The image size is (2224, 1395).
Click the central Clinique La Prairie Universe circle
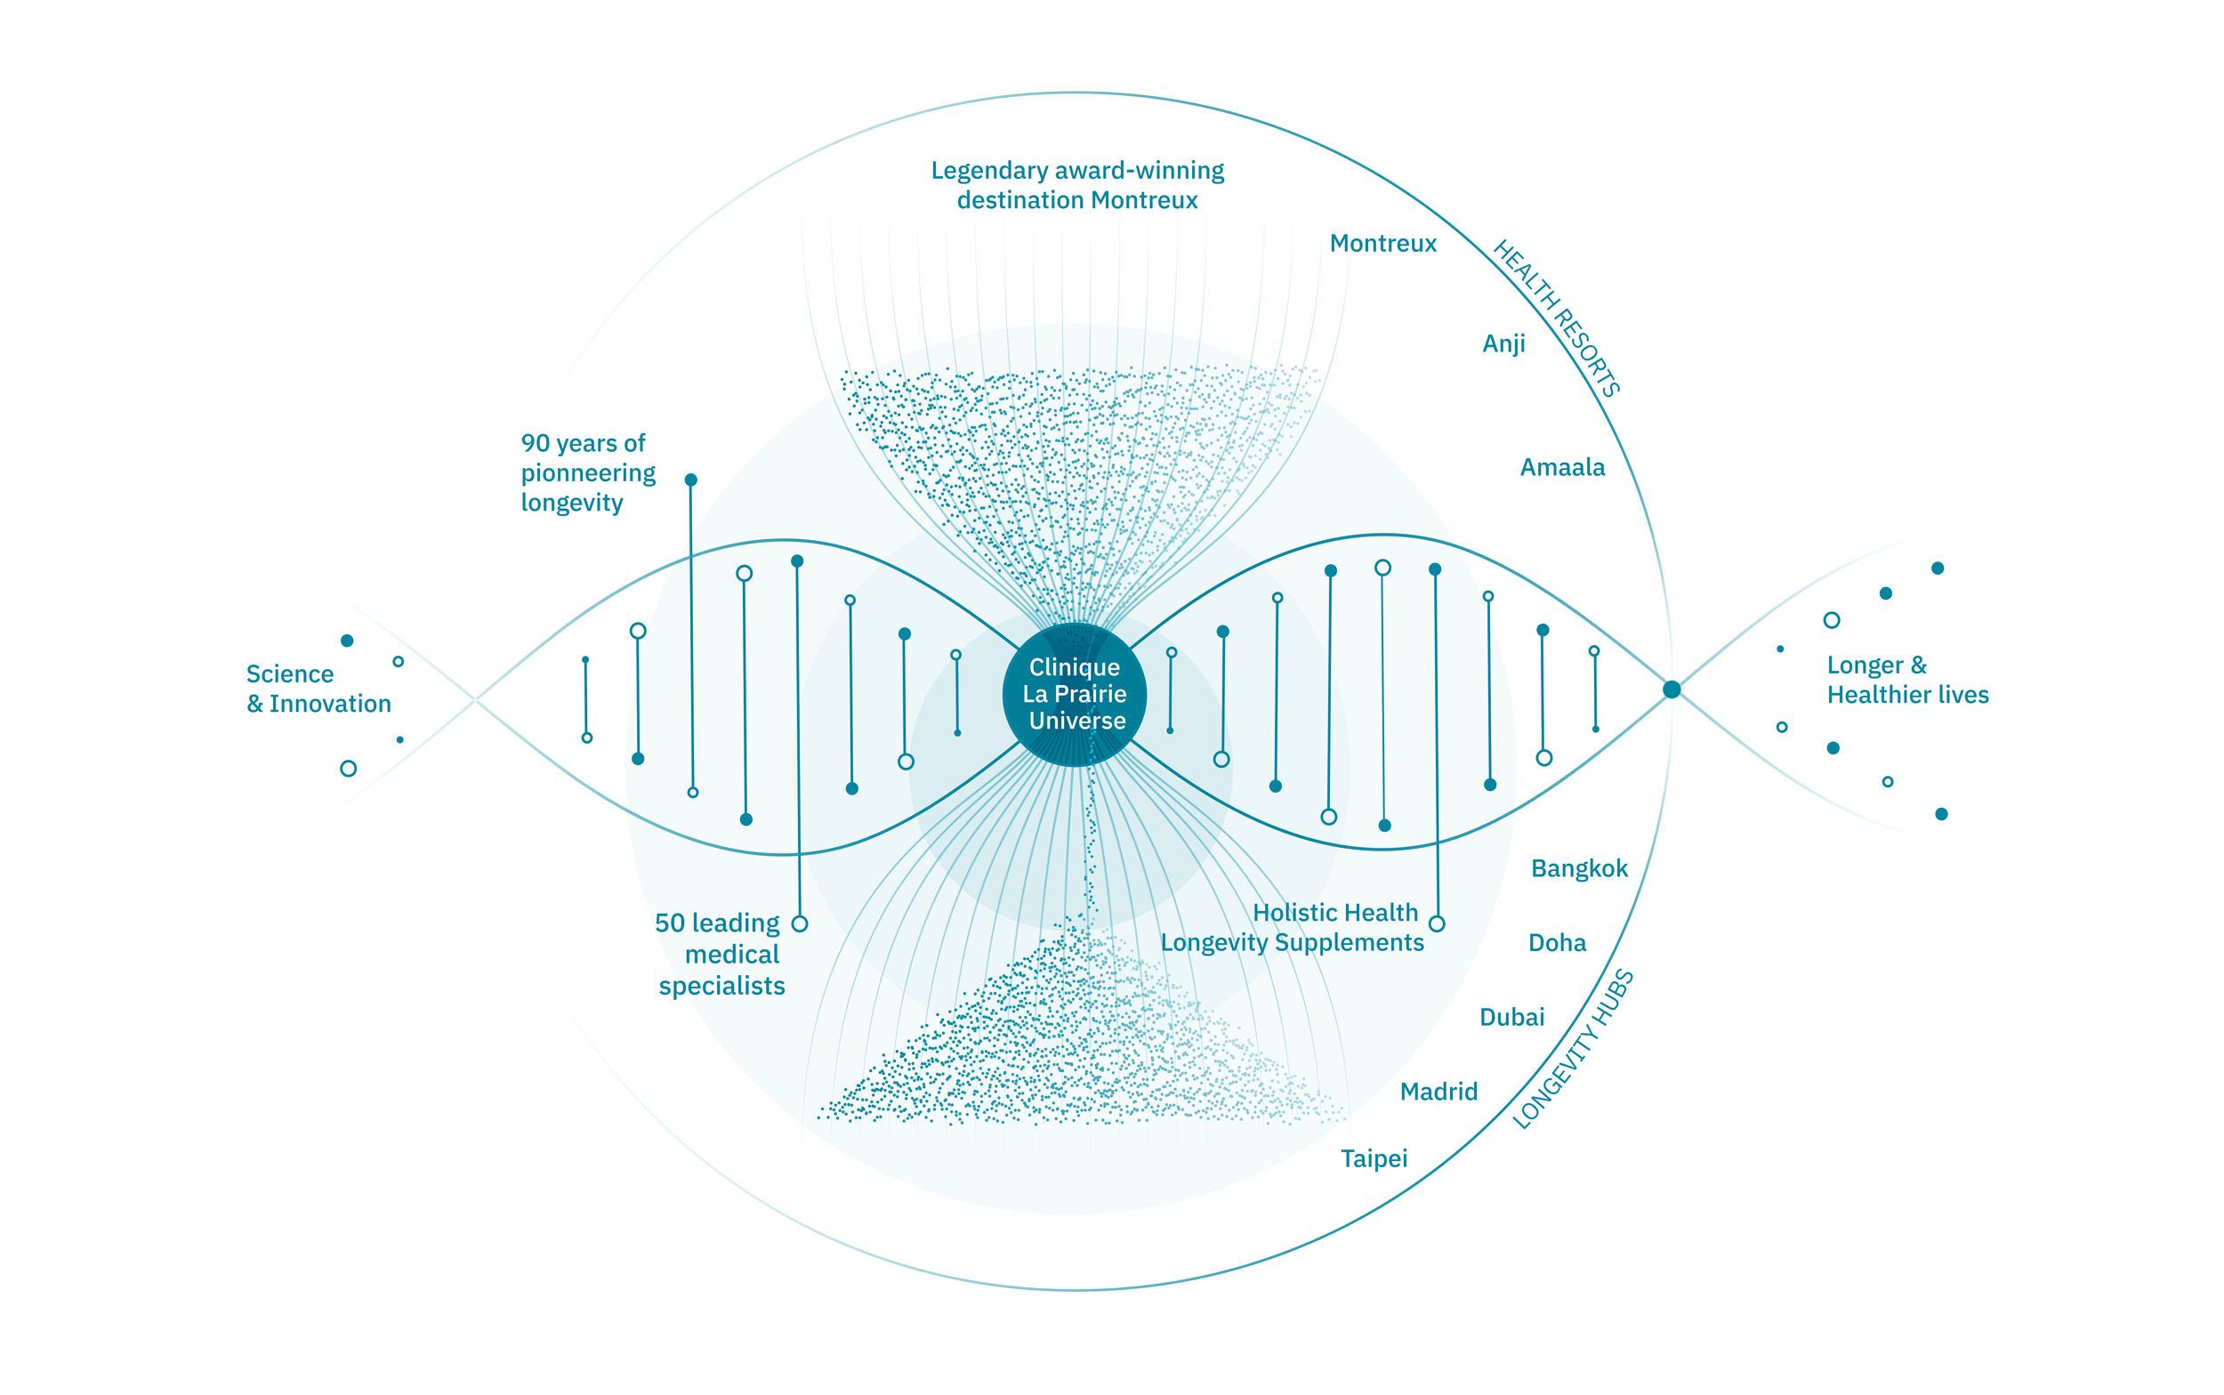pos(1075,694)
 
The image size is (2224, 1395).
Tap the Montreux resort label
pos(1382,244)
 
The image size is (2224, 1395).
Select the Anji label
pos(1503,344)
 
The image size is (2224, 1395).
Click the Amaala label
pos(1561,468)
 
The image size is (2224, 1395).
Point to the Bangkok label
pos(1579,869)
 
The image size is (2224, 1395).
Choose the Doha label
pos(1557,943)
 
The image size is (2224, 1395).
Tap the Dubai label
pos(1511,1018)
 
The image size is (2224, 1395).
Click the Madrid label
pos(1438,1093)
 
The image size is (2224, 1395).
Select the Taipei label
pos(1374,1159)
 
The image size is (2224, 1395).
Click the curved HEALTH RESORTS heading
pos(1556,318)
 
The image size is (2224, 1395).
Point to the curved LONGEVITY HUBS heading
pos(1574,1050)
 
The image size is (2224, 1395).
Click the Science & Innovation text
pos(318,689)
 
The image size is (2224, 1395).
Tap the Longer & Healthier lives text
pos(1906,680)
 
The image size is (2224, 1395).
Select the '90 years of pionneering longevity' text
pos(588,473)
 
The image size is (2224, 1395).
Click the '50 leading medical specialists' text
pos(721,955)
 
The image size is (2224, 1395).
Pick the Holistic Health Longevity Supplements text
pos(1292,927)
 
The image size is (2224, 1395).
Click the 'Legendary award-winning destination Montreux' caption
pos(1076,185)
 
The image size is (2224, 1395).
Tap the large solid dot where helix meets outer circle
pos(1671,689)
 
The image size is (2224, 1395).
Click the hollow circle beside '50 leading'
pos(800,923)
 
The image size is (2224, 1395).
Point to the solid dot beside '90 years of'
pos(691,480)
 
